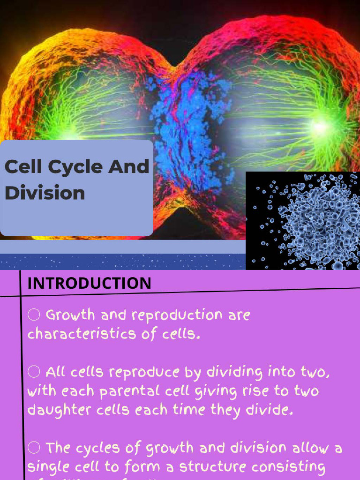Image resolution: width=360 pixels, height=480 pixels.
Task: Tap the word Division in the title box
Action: pos(45,193)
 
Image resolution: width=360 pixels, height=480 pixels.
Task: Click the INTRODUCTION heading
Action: pos(89,283)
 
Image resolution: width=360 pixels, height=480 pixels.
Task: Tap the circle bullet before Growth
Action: pos(34,315)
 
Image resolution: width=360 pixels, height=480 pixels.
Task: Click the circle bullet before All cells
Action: pos(34,372)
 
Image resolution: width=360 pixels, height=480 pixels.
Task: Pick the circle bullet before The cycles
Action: pos(34,448)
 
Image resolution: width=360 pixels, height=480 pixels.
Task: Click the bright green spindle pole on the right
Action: pos(321,126)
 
